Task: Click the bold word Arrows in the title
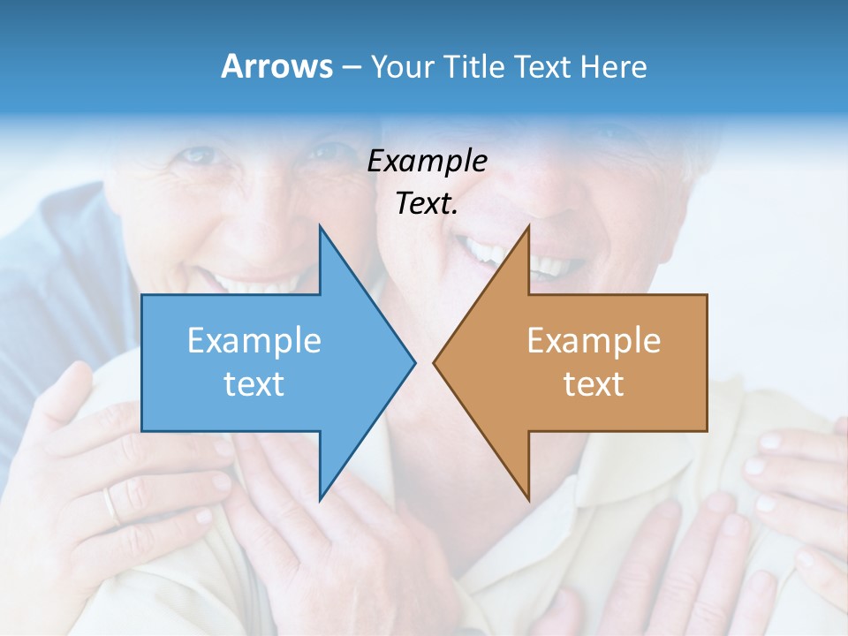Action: click(x=276, y=66)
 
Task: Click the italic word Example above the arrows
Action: click(x=427, y=162)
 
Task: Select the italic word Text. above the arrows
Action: click(x=427, y=204)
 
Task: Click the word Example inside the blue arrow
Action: click(x=254, y=340)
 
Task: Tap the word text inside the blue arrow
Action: click(x=254, y=384)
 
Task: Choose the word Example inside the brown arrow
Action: click(x=594, y=340)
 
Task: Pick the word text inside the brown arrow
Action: click(x=594, y=384)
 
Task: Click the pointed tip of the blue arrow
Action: click(x=414, y=361)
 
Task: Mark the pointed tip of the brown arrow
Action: click(x=434, y=361)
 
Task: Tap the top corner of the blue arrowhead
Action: click(x=320, y=226)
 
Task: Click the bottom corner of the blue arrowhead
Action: click(x=320, y=499)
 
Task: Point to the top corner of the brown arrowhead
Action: click(x=528, y=226)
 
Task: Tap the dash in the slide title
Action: click(x=351, y=67)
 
